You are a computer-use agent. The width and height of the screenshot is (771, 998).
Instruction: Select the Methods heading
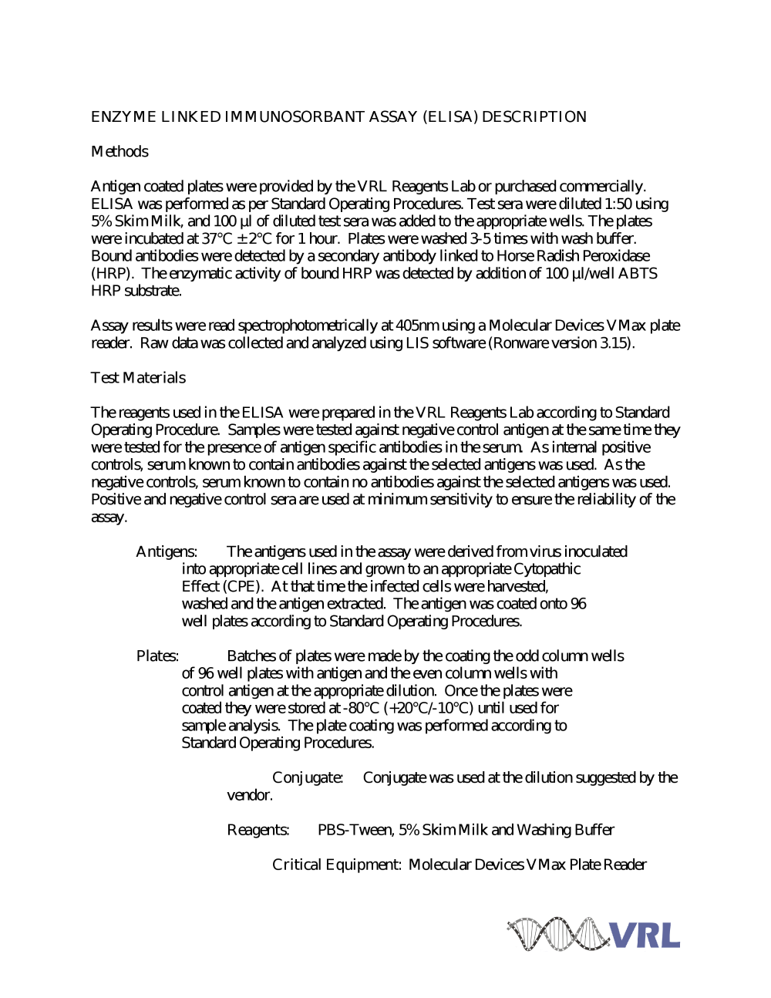120,152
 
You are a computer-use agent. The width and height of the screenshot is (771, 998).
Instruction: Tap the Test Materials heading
138,378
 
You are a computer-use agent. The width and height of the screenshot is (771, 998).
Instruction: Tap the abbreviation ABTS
637,274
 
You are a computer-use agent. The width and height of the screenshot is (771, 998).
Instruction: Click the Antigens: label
167,552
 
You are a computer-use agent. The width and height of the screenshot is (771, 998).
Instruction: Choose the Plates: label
157,656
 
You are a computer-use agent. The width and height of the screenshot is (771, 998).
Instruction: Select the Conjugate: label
308,778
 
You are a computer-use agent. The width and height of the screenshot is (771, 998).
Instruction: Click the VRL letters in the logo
646,936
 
